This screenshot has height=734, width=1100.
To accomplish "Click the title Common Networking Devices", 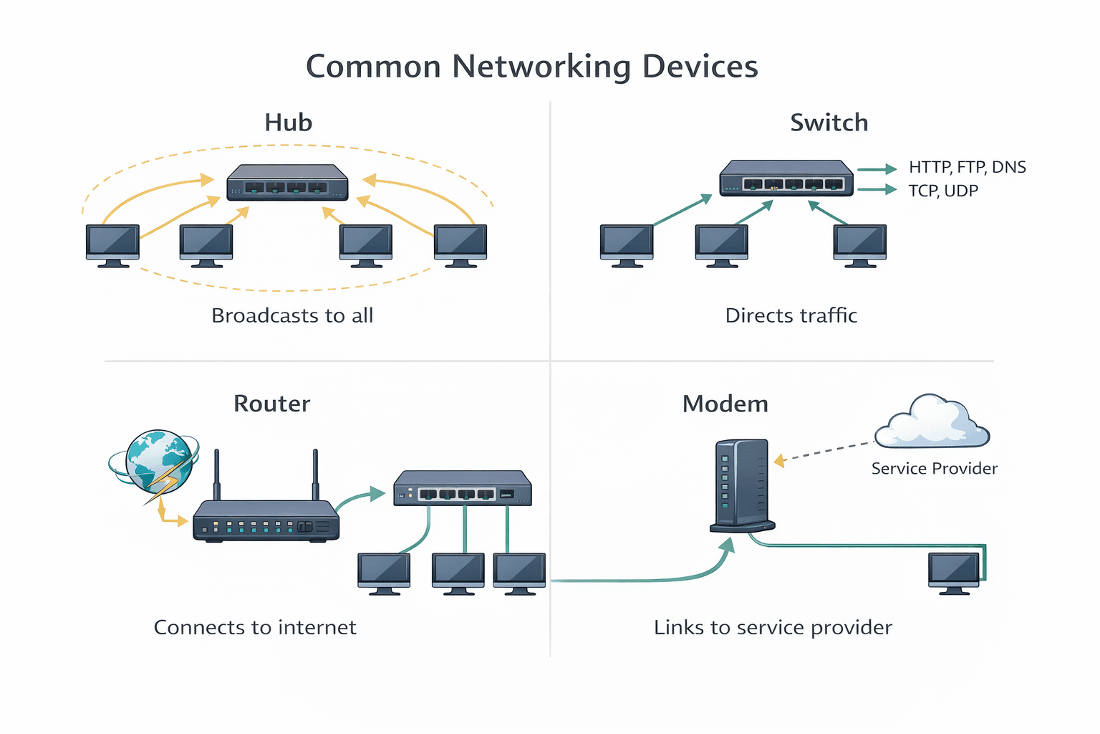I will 531,67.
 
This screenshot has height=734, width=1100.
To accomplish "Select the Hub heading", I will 288,123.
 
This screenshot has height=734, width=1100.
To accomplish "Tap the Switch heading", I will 829,123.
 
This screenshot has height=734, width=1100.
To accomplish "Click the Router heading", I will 271,404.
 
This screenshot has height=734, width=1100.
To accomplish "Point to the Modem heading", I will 725,404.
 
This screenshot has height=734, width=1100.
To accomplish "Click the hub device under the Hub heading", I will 287,183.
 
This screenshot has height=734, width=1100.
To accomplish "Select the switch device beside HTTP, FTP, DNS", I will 786,178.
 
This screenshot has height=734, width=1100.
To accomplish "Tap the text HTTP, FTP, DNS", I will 967,167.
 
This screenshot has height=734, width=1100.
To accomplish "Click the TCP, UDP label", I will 942,191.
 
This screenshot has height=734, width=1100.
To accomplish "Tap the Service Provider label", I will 934,469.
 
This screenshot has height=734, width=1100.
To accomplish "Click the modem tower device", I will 742,485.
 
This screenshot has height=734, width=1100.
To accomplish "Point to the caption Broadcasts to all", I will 292,315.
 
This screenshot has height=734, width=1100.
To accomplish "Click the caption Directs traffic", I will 791,315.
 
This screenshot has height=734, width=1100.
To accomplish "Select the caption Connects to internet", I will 255,627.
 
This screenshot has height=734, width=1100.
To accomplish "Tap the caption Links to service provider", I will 773,627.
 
